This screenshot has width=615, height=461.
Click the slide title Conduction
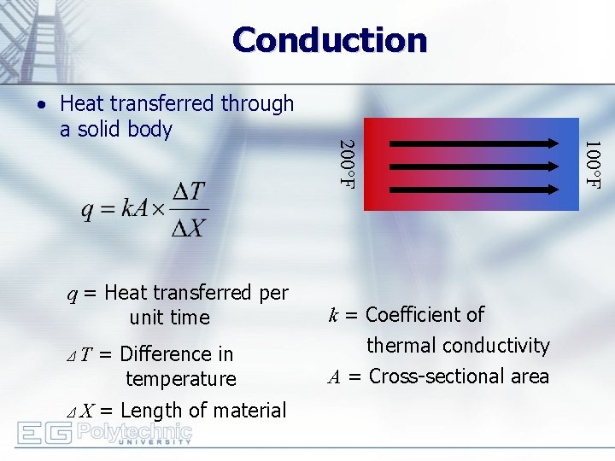coord(329,39)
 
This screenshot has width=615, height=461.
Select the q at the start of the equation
coord(88,211)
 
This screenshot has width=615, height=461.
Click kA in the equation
coord(135,210)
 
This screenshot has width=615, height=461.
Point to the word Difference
coord(164,353)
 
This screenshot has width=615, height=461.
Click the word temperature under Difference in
coord(180,378)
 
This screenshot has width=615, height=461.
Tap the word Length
coord(148,411)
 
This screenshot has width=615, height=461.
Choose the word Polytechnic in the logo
coord(134,430)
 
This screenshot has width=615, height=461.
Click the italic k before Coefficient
coord(333,316)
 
